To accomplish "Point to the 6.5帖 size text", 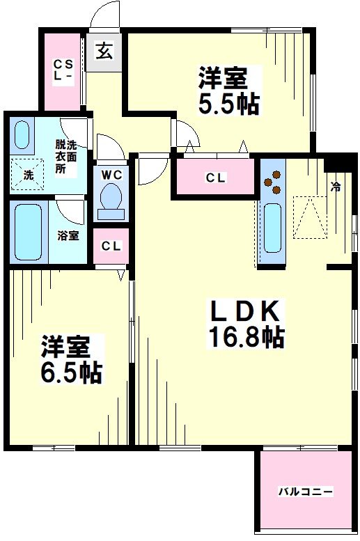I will (71, 373).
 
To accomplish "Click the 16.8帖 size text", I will (246, 337).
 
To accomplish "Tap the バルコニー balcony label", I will (306, 492).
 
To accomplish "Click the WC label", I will (111, 174).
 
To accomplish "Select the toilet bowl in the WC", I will (111, 199).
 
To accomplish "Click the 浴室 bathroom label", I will (68, 235).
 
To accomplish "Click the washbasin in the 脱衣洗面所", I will (23, 136).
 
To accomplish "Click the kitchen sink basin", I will (272, 226).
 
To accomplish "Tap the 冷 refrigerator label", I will (336, 187).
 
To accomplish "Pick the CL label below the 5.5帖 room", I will (215, 178).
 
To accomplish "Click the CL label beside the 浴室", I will (111, 246).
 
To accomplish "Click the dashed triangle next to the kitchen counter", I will (309, 217).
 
